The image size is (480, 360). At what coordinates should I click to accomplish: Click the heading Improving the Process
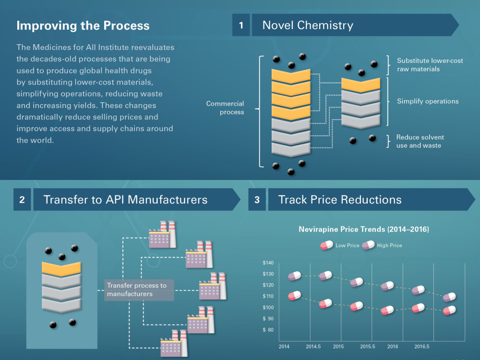coord(83,26)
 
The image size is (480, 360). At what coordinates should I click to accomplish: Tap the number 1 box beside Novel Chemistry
coord(241,25)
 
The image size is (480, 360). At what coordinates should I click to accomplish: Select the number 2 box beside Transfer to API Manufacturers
coord(22,200)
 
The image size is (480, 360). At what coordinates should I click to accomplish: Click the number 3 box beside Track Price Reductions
coord(257,200)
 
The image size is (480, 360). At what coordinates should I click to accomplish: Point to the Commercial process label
coord(225,108)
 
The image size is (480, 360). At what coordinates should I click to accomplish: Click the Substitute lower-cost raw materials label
coord(430,65)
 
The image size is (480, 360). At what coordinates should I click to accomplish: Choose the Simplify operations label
coord(428,101)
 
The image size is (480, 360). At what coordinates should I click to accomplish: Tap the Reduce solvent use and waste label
coord(420,142)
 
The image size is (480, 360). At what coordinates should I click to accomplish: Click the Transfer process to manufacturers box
coord(139,290)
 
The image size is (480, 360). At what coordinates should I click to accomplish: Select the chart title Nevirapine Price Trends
coord(364,229)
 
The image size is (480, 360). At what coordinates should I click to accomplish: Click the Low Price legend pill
coord(326,245)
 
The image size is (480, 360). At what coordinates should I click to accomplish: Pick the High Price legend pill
coord(368,245)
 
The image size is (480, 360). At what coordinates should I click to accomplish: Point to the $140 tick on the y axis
coord(268,263)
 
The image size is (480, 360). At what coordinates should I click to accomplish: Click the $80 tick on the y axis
coord(268,330)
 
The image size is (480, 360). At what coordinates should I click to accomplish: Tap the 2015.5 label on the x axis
coord(367,347)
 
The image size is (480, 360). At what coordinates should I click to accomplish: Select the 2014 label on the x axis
coord(284,347)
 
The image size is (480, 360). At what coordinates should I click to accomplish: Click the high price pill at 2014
coord(295,276)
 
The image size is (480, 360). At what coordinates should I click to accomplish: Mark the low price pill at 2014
coord(295,296)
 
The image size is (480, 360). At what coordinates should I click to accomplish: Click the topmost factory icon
coord(162,235)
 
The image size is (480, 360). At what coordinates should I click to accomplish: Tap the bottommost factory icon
coord(174,343)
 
